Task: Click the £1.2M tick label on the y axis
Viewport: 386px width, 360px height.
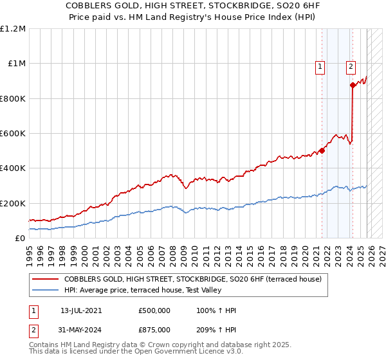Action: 13,29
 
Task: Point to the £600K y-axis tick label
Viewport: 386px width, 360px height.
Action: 13,134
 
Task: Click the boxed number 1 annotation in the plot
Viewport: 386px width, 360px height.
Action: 320,65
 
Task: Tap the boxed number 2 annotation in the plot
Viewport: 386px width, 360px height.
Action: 351,65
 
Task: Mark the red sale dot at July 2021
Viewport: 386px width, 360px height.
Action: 322,150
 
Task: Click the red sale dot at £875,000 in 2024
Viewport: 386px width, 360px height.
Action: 353,85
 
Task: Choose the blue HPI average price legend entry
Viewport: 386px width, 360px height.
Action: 142,291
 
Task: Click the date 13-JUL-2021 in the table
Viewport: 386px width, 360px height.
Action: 81,310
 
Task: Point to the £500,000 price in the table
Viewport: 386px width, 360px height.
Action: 154,310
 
